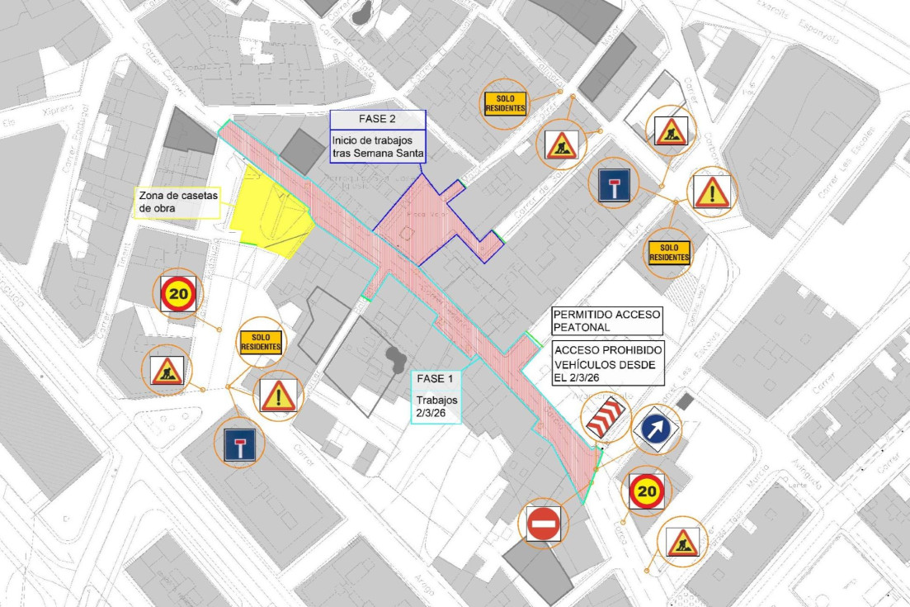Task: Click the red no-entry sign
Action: click(x=544, y=524)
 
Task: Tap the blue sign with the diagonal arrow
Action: click(x=656, y=429)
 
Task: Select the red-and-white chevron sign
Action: click(x=607, y=417)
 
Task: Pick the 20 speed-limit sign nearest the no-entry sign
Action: click(x=648, y=492)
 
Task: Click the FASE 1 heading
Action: click(x=435, y=379)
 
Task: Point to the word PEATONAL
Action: click(x=581, y=328)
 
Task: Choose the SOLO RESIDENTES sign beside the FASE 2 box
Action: click(x=505, y=103)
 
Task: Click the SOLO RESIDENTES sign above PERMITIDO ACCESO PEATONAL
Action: click(x=669, y=253)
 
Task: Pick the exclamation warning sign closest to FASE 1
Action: click(x=278, y=396)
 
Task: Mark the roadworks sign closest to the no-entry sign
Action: click(x=682, y=542)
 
